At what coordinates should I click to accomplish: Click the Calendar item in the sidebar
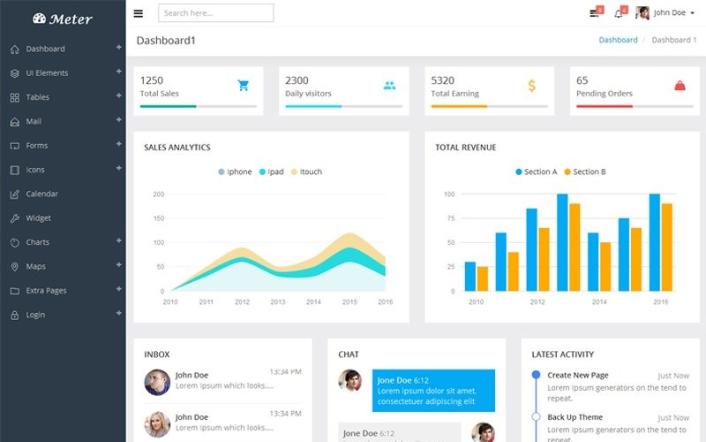pyautogui.click(x=41, y=194)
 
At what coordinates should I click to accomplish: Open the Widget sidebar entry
pyautogui.click(x=38, y=217)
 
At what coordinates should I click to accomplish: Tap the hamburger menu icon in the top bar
pyautogui.click(x=139, y=13)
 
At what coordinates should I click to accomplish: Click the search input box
pyautogui.click(x=215, y=13)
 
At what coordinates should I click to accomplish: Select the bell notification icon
pyautogui.click(x=620, y=13)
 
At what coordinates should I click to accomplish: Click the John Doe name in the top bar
pyautogui.click(x=669, y=13)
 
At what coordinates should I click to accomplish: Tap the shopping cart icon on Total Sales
pyautogui.click(x=244, y=86)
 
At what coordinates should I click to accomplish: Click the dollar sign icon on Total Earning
pyautogui.click(x=531, y=86)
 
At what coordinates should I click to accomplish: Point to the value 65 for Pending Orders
pyautogui.click(x=582, y=80)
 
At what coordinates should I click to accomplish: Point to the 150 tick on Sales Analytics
pyautogui.click(x=159, y=218)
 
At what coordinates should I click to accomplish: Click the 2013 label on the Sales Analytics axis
pyautogui.click(x=278, y=301)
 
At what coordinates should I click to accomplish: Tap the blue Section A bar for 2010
pyautogui.click(x=470, y=276)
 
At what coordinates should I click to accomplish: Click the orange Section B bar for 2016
pyautogui.click(x=666, y=247)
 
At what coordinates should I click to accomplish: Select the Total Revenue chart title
pyautogui.click(x=465, y=148)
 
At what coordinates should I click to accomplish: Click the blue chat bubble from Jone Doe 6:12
pyautogui.click(x=432, y=391)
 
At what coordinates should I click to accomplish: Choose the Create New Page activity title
pyautogui.click(x=577, y=376)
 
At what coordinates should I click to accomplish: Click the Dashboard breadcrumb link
pyautogui.click(x=618, y=40)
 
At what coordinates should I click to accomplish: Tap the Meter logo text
pyautogui.click(x=71, y=19)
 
